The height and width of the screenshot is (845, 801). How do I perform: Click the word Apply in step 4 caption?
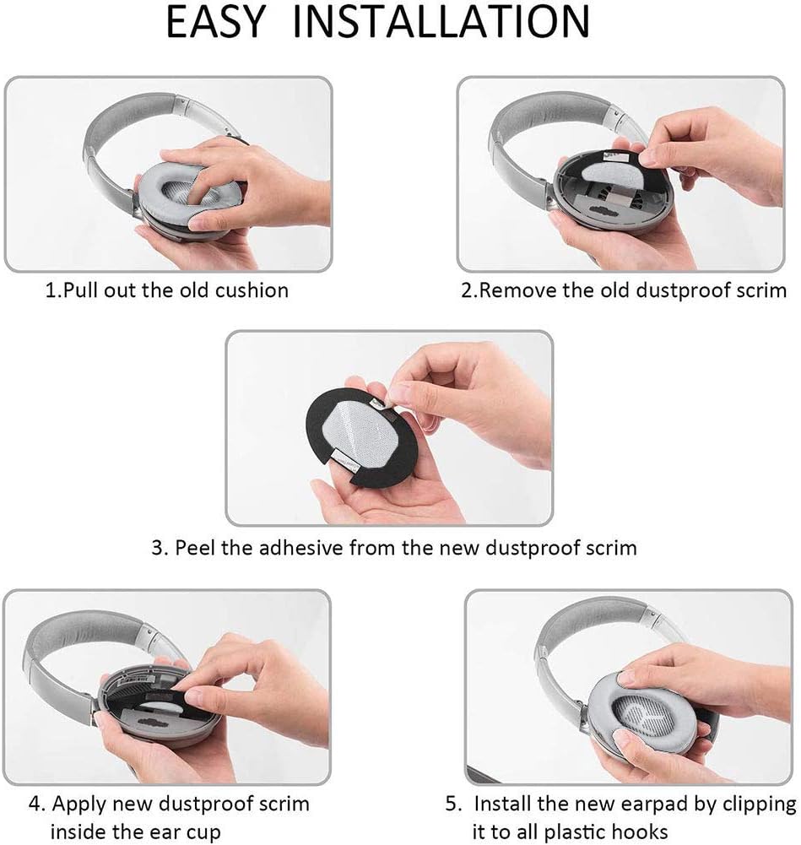click(x=98, y=803)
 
